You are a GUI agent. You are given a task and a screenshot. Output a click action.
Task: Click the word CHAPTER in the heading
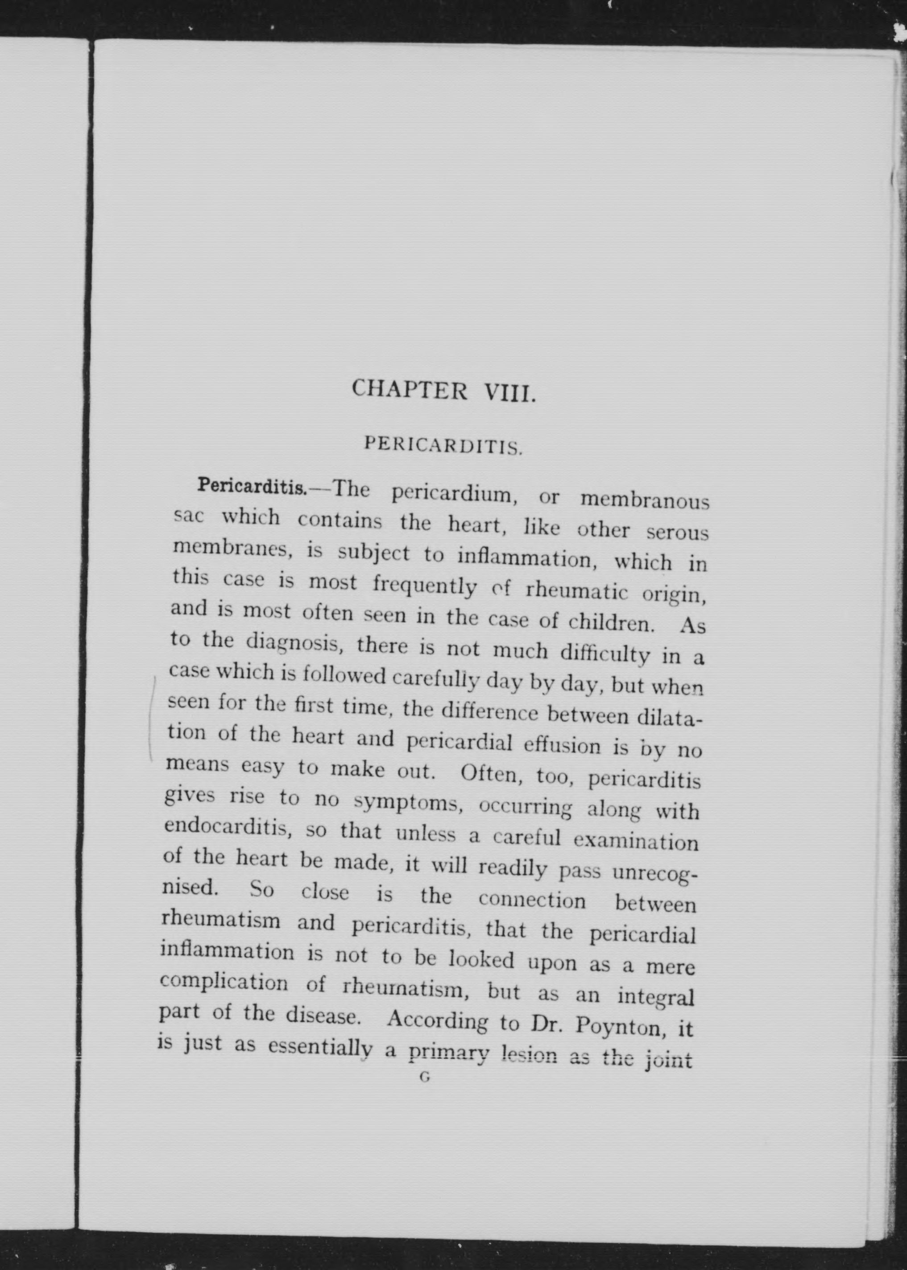tap(410, 389)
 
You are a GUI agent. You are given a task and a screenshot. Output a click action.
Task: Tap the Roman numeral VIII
tap(510, 393)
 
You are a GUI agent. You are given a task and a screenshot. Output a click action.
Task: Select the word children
tap(611, 622)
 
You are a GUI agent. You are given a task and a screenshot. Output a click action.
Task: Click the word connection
tap(532, 900)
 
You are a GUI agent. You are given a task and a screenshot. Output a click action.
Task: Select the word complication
tap(224, 981)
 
